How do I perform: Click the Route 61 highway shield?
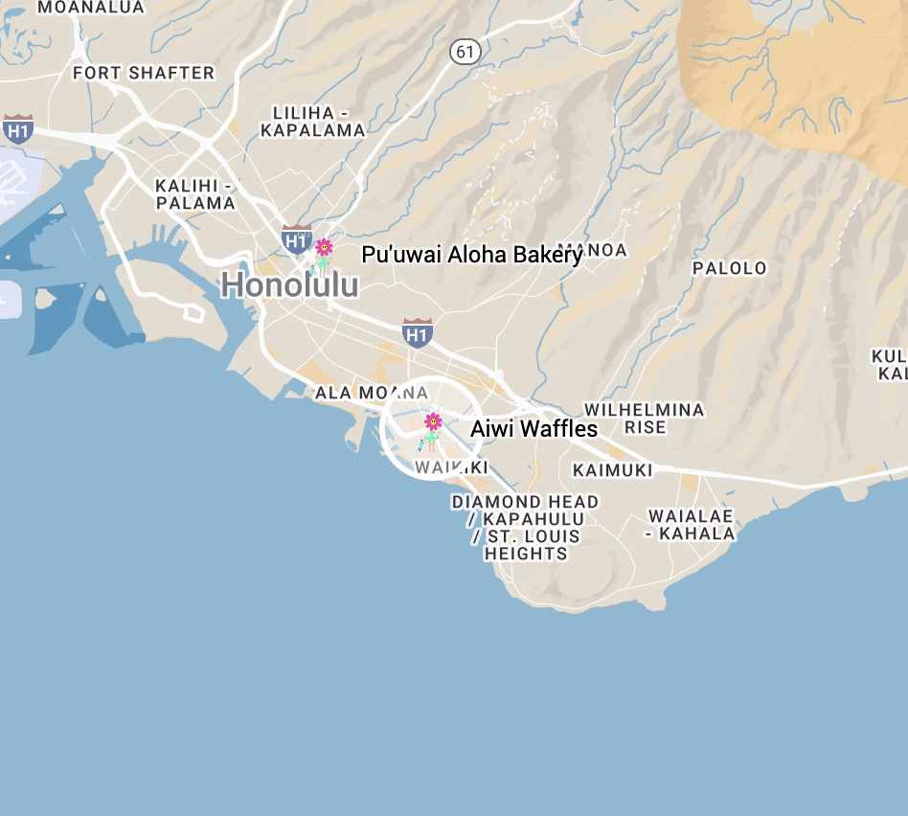[465, 52]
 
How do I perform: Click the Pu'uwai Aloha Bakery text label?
[471, 255]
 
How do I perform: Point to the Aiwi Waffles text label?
[533, 429]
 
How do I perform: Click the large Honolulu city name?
[290, 285]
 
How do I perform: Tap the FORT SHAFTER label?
[144, 73]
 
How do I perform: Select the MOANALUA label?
[91, 8]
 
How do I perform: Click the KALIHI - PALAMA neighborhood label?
[195, 194]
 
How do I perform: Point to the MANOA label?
[603, 251]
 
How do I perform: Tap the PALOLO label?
[730, 268]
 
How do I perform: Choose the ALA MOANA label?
[372, 393]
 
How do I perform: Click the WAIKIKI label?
[452, 467]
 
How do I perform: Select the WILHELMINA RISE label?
[644, 419]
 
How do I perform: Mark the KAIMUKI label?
[612, 470]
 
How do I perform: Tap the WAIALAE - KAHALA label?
[690, 525]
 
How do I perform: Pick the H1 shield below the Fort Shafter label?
[18, 128]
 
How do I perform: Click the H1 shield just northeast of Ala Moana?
[417, 332]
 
